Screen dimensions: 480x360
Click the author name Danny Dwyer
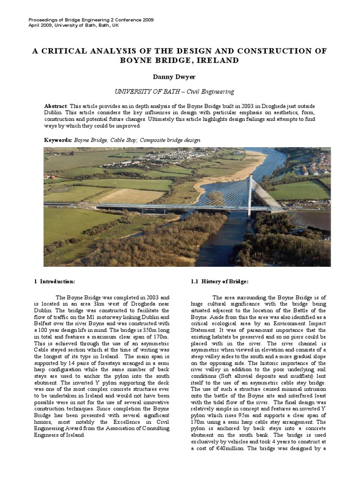[x=180, y=76]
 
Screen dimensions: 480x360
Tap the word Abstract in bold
[x=56, y=106]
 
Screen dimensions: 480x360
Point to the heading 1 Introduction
[x=54, y=281]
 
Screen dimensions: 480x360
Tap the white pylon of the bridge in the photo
[x=250, y=195]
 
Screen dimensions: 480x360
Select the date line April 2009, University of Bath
[x=74, y=25]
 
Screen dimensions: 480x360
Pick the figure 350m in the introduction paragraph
[x=142, y=330]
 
